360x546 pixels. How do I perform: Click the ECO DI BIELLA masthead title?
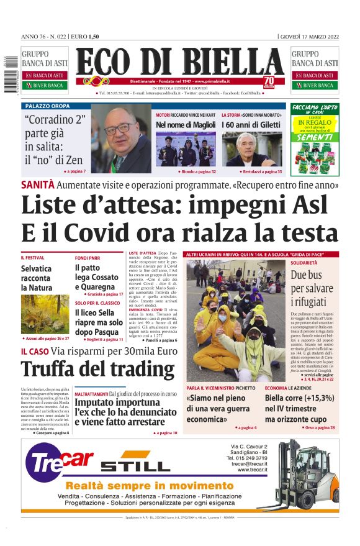click(x=180, y=63)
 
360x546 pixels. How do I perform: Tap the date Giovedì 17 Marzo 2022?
click(x=309, y=36)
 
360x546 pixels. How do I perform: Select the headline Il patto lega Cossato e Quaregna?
click(x=97, y=277)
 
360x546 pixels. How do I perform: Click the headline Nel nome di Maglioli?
click(x=186, y=125)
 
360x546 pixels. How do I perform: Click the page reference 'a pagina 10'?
click(x=166, y=432)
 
